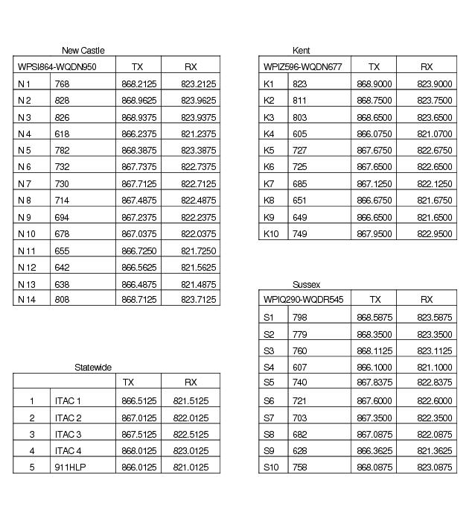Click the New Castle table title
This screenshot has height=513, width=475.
83,51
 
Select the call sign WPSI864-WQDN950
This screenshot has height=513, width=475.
57,67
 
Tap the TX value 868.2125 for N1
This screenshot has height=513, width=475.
137,84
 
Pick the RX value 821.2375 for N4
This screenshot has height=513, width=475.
198,134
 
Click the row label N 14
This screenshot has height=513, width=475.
27,300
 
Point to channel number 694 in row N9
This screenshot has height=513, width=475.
62,217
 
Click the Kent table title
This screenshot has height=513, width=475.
302,51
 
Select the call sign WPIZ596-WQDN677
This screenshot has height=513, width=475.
303,67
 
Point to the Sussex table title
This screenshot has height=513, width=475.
306,285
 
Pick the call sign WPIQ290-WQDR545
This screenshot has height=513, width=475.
304,300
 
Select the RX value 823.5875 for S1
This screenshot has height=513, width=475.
434,318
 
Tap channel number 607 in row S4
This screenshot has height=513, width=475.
299,368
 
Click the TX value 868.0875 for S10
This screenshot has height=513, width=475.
374,468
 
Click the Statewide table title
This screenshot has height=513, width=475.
93,368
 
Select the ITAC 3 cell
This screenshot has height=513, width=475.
68,435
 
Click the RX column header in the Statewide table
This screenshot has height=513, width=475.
191,383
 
